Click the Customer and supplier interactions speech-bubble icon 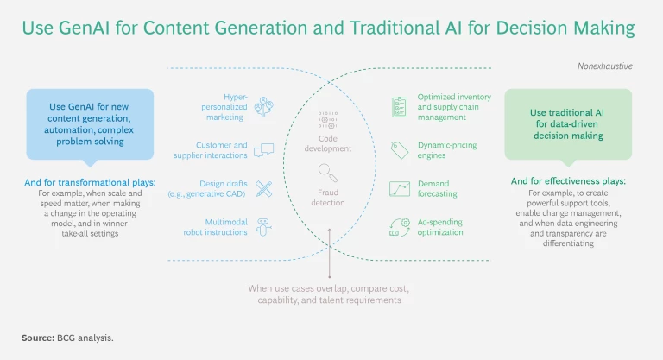coord(264,149)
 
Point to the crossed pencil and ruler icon coord(264,189)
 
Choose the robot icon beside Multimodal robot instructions coord(264,226)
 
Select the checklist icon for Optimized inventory coord(400,107)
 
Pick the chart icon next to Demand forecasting coord(400,188)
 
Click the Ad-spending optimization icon coord(400,226)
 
